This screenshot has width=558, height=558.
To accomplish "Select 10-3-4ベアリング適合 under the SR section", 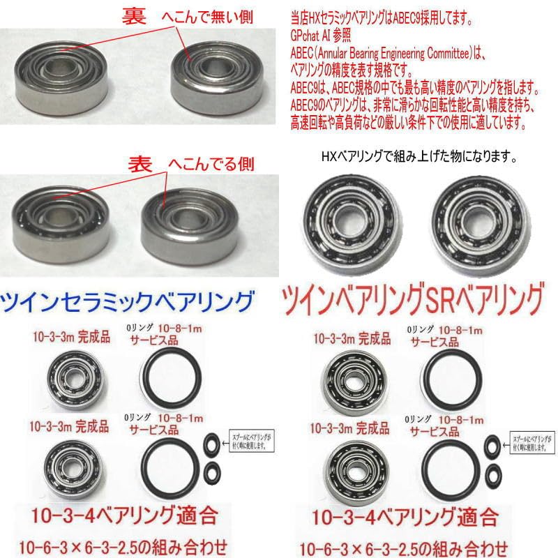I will tap(405, 518).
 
